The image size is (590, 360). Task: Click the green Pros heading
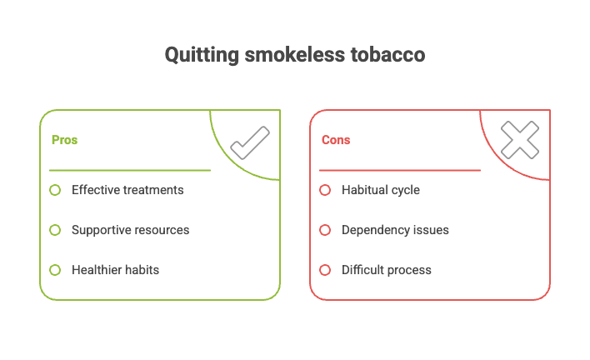click(x=64, y=140)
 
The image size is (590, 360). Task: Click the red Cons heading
click(x=335, y=140)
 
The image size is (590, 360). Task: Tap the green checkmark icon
click(x=249, y=142)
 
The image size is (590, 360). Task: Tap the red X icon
click(x=520, y=140)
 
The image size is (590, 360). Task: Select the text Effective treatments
click(x=127, y=190)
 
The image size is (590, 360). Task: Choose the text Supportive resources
click(x=130, y=230)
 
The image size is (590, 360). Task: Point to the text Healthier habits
click(x=115, y=270)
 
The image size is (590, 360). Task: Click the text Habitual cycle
click(x=380, y=190)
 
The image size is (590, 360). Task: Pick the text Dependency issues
click(x=395, y=230)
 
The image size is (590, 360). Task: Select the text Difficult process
click(x=386, y=270)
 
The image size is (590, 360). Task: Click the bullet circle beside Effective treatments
click(x=55, y=190)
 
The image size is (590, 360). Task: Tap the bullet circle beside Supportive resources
click(x=55, y=230)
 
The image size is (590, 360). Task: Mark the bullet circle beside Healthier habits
click(x=55, y=270)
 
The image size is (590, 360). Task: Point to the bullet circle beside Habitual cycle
click(x=325, y=190)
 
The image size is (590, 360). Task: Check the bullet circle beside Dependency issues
click(x=325, y=230)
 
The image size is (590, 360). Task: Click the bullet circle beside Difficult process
click(x=325, y=270)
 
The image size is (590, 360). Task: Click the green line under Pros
click(x=129, y=170)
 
